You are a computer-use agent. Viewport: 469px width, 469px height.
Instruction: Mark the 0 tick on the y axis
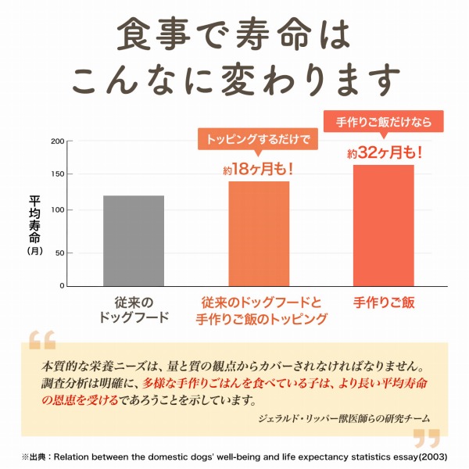[62, 286]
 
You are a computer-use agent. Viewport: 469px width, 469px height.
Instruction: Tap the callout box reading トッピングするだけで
[258, 140]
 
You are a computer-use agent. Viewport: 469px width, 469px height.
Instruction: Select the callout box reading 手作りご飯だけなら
[383, 123]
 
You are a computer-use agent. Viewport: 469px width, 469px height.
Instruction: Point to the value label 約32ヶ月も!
[384, 153]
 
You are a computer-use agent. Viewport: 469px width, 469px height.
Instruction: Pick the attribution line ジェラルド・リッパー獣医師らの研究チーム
[343, 418]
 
